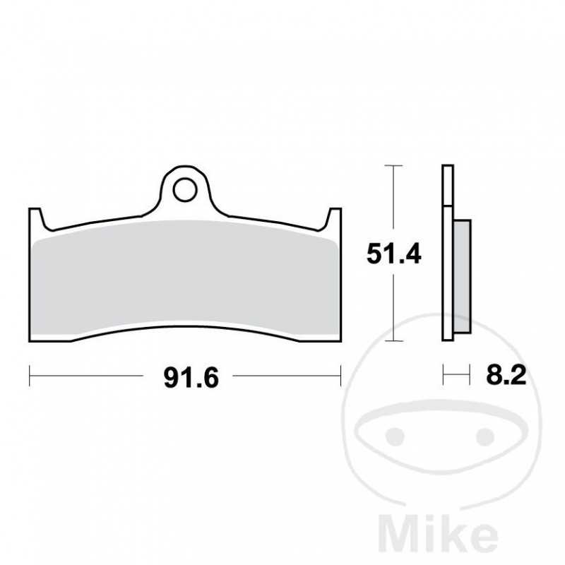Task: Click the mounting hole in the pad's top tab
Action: click(x=185, y=189)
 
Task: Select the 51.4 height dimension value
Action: click(x=393, y=254)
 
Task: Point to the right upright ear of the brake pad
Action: click(x=334, y=220)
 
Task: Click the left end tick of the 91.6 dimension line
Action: click(x=30, y=376)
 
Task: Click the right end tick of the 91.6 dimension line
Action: click(x=341, y=376)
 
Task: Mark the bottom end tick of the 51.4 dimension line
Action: click(x=393, y=340)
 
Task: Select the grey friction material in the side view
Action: click(x=460, y=275)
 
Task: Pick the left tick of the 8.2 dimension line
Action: click(x=444, y=375)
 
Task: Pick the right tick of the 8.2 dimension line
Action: click(x=469, y=375)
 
